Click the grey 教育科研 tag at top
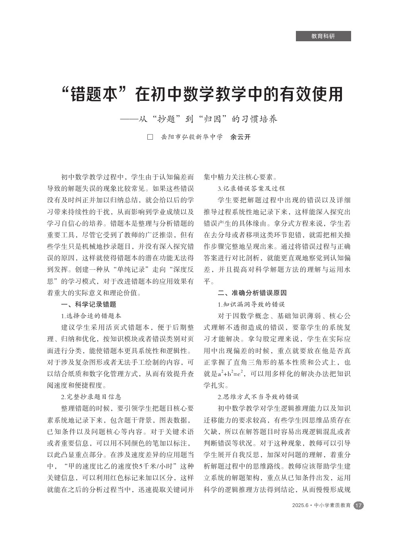(x=323, y=36)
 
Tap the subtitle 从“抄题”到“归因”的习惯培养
(x=206, y=119)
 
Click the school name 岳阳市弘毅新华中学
(x=192, y=137)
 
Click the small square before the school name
(x=150, y=137)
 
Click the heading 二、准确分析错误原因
(x=252, y=293)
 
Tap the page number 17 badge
(x=359, y=505)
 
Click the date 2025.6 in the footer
(x=300, y=505)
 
